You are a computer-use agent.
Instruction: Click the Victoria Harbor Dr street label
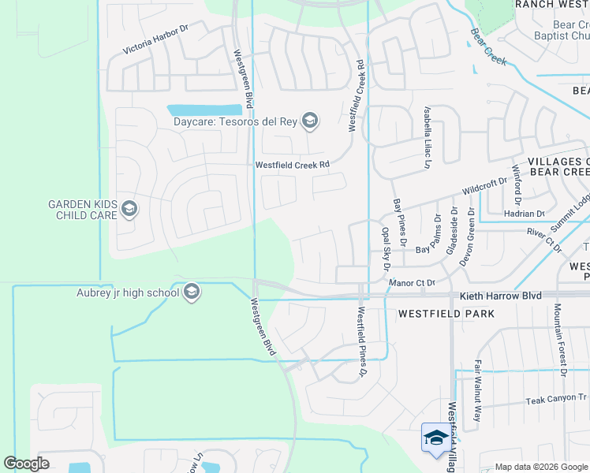point(156,39)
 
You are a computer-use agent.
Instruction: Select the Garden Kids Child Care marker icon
point(129,209)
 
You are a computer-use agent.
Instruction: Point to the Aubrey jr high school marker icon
point(191,293)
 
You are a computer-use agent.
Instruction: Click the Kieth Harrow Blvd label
point(500,296)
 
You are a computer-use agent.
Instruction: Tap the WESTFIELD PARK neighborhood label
point(446,313)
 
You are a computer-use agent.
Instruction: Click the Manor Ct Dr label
point(413,281)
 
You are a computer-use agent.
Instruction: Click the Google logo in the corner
point(26,464)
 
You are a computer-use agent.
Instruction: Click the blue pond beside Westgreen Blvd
point(204,110)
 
